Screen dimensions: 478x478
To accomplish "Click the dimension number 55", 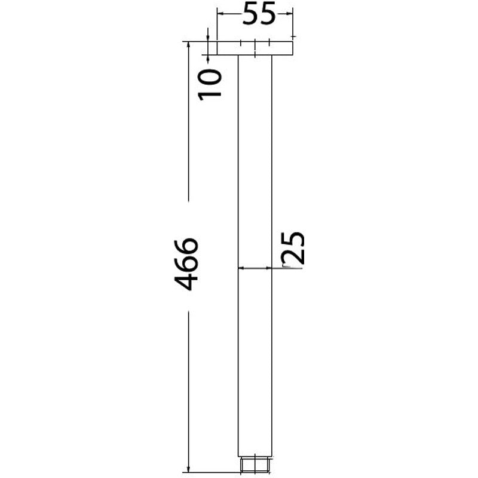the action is click(x=259, y=13).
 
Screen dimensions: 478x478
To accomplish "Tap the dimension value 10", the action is click(x=210, y=84).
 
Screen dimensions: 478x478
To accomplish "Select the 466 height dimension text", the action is click(x=186, y=264).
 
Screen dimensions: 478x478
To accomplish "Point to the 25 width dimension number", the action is click(x=293, y=248).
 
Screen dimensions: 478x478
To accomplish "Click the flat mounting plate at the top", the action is click(x=255, y=48).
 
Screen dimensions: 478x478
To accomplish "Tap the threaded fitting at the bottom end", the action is click(x=255, y=465).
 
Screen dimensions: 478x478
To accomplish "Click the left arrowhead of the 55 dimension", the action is click(x=220, y=13).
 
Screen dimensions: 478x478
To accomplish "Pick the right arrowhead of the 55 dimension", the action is click(x=290, y=13).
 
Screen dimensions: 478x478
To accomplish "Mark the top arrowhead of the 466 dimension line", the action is click(x=189, y=45).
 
